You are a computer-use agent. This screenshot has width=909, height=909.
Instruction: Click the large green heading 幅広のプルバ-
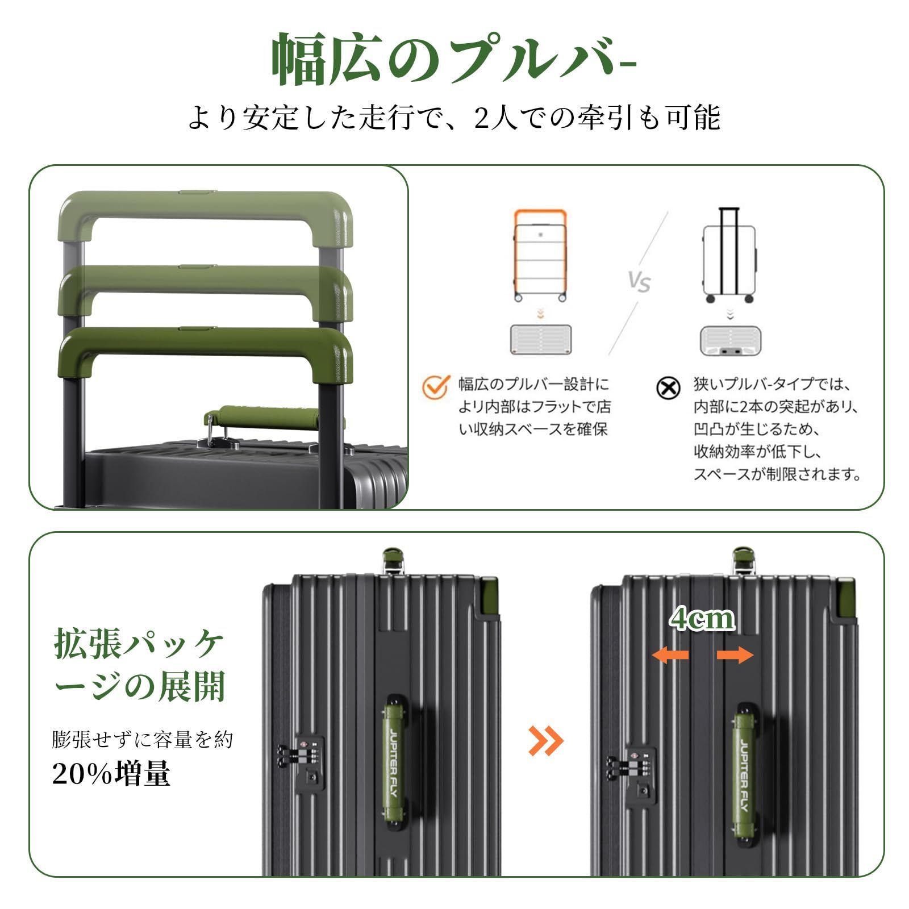tap(453, 60)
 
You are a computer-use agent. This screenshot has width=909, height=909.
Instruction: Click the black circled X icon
tap(668, 389)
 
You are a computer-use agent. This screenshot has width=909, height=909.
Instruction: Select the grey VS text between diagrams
tap(639, 281)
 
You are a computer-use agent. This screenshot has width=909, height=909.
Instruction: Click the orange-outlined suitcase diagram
tap(540, 255)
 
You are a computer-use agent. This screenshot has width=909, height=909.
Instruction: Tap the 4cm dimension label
tap(702, 619)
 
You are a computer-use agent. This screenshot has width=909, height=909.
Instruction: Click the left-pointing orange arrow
tap(670, 656)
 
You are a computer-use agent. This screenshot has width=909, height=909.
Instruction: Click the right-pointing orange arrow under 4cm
tap(735, 656)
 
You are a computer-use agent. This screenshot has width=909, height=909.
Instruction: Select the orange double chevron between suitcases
tap(546, 740)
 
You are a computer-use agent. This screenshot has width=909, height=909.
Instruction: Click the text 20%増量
tap(111, 773)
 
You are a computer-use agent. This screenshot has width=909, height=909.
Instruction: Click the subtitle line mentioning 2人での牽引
tap(454, 118)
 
